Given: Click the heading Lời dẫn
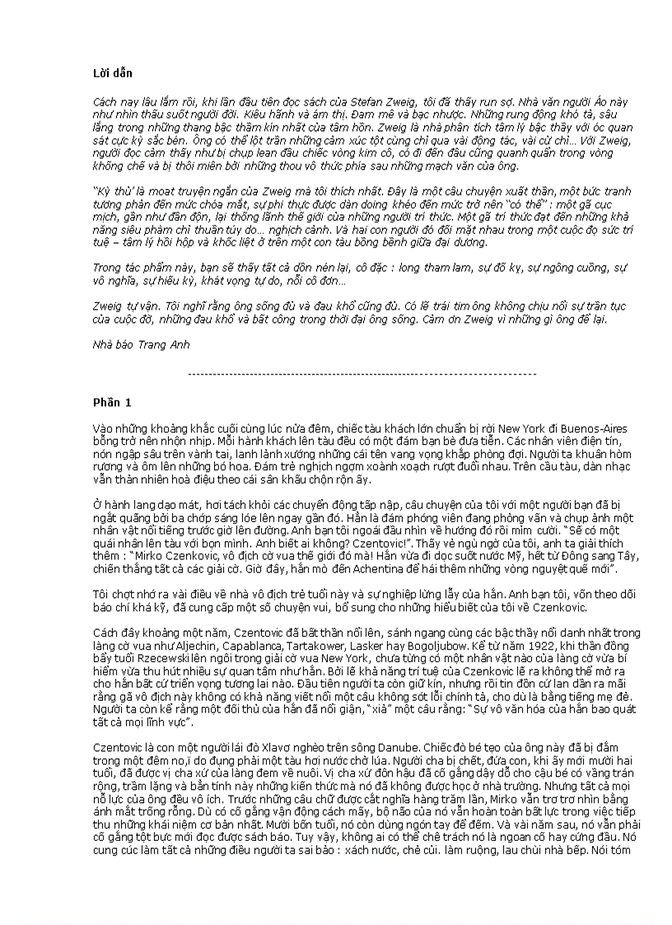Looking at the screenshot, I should click(x=113, y=73).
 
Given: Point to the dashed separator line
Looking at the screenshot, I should click(x=362, y=374).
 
